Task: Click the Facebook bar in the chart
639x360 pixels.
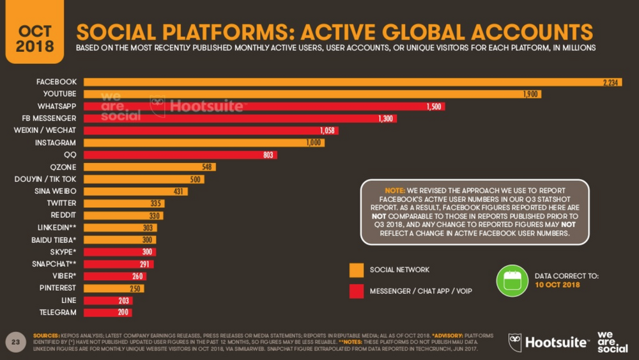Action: [351, 82]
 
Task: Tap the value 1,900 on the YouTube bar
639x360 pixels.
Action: [530, 95]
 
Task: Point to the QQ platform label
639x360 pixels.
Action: [70, 155]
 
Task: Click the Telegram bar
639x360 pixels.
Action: [107, 313]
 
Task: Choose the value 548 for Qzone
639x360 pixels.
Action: [205, 168]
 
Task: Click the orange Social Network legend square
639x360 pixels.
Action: [357, 270]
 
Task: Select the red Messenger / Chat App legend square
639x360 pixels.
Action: [357, 292]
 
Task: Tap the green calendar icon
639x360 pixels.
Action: [512, 281]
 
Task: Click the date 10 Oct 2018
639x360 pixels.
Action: [557, 285]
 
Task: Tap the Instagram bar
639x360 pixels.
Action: [204, 143]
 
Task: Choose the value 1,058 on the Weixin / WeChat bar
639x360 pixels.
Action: [327, 131]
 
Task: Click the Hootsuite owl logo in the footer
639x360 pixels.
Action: [516, 341]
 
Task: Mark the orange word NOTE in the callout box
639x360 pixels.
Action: [394, 191]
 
